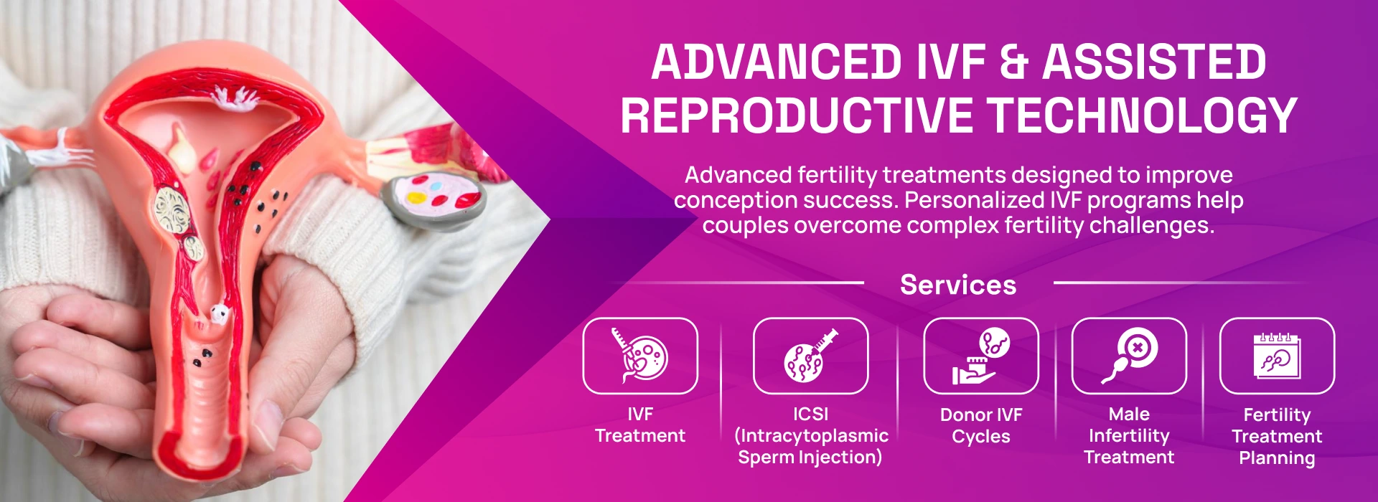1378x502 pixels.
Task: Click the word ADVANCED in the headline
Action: tap(776, 62)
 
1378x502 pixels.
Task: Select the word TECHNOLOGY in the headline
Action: tap(1142, 115)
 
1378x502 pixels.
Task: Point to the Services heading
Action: tap(958, 285)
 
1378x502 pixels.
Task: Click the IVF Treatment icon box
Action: tap(640, 356)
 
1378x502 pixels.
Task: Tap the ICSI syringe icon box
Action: tap(810, 356)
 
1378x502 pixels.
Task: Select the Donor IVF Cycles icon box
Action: tap(980, 356)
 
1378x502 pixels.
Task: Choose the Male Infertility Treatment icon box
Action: tap(1129, 356)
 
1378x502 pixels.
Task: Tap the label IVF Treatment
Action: tap(640, 425)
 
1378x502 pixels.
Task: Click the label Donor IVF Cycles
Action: tap(981, 425)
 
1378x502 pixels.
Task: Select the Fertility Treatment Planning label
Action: tap(1277, 436)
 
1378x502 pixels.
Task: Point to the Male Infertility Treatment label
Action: tap(1129, 435)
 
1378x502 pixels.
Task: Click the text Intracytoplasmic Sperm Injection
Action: tap(810, 446)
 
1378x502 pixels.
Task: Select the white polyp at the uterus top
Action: tap(235, 100)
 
